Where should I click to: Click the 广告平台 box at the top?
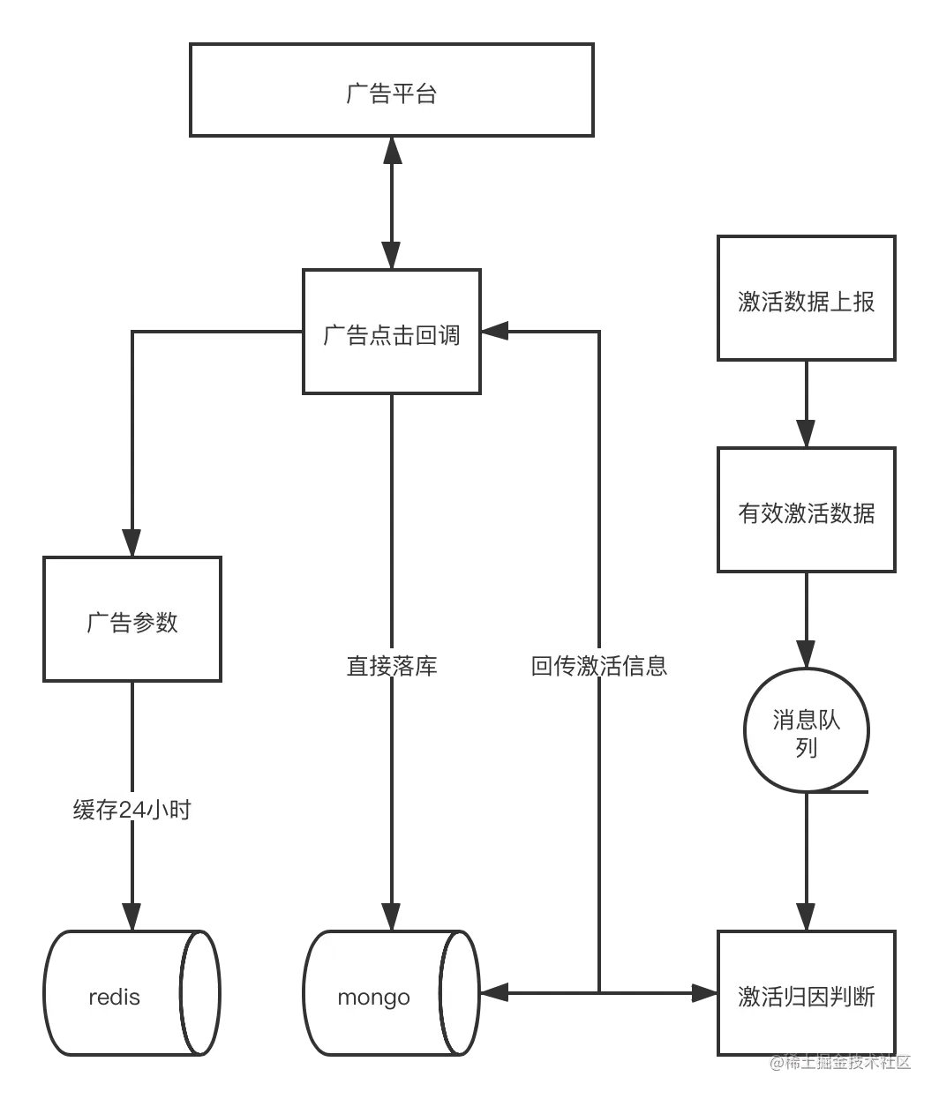(x=391, y=92)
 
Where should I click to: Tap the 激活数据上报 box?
(x=806, y=300)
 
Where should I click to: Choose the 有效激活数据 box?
(x=806, y=512)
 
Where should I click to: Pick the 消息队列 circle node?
(x=806, y=732)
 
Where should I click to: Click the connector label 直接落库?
(x=392, y=665)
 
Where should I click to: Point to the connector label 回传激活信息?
(x=600, y=665)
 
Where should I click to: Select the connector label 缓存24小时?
(x=132, y=809)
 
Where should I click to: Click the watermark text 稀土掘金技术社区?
(x=838, y=1062)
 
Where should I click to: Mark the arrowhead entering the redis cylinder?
(x=131, y=914)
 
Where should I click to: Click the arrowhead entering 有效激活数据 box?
(x=806, y=431)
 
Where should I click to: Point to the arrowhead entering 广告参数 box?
(x=131, y=538)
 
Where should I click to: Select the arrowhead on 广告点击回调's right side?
(x=500, y=330)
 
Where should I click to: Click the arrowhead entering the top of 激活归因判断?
(x=806, y=914)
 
